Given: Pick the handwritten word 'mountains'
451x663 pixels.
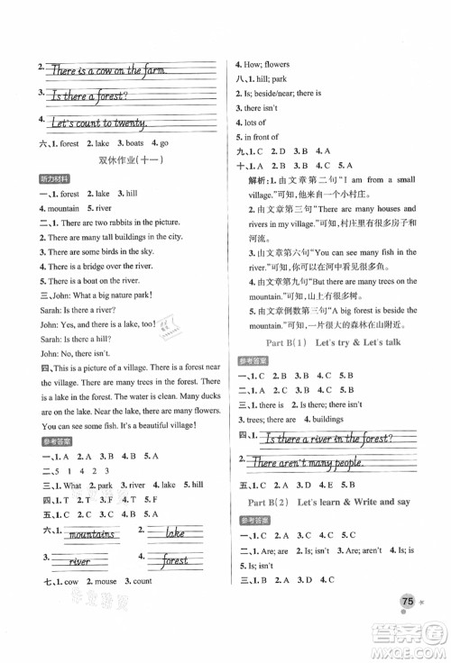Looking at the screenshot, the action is pos(90,535).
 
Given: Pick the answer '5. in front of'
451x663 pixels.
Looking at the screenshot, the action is pos(262,137).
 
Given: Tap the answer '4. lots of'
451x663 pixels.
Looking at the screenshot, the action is pos(256,122).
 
